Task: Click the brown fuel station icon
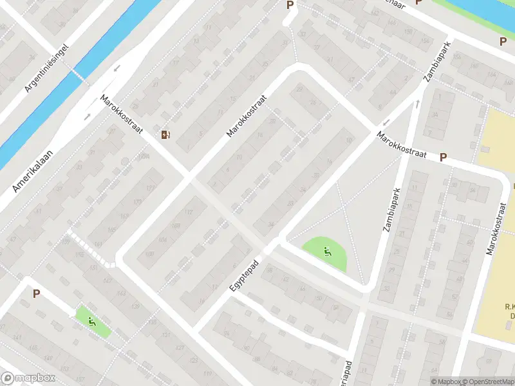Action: coord(166,134)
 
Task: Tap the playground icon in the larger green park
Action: coord(328,252)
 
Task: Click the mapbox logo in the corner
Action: coord(26,378)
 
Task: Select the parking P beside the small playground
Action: coord(36,293)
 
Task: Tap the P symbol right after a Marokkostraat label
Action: coord(443,157)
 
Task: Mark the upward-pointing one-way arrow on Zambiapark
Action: coord(417,105)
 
